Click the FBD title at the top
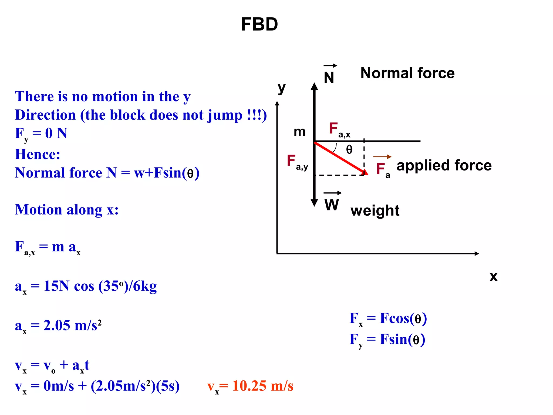(x=259, y=24)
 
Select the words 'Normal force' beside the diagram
(x=407, y=73)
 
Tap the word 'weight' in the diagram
(x=375, y=210)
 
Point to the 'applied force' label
(x=444, y=165)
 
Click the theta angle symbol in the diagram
(x=349, y=149)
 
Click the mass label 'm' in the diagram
(x=299, y=132)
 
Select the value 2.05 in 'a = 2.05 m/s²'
(x=57, y=325)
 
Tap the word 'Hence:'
(x=38, y=154)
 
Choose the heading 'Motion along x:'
(x=67, y=210)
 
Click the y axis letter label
(x=282, y=88)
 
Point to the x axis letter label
(x=493, y=276)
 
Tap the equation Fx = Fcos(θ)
(x=388, y=319)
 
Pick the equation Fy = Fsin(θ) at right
(x=387, y=340)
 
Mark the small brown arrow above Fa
(x=382, y=157)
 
